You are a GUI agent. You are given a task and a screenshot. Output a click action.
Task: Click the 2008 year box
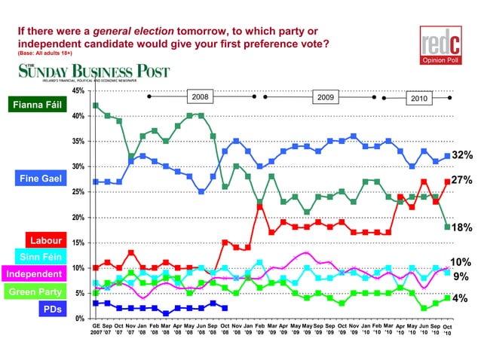(x=201, y=97)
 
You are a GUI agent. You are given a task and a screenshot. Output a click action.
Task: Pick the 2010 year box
(x=418, y=99)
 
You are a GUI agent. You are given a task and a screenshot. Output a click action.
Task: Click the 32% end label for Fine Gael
(x=462, y=155)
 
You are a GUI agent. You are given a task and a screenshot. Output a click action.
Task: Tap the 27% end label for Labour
(x=462, y=181)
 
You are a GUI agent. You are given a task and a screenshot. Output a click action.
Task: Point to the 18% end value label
(x=462, y=227)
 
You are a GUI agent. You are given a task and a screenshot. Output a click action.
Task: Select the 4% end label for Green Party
(x=460, y=298)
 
